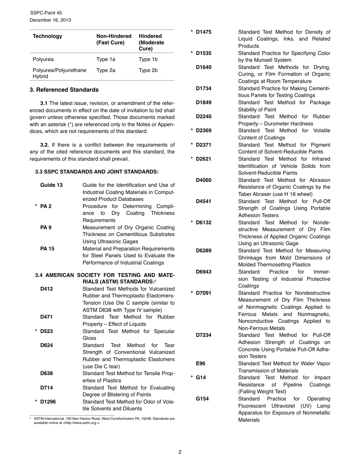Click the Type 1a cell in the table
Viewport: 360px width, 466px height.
[106, 59]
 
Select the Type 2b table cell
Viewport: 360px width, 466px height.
[148, 70]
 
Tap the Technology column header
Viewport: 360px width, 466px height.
[47, 36]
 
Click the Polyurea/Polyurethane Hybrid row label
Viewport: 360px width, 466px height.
[59, 73]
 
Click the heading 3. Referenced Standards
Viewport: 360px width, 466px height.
[64, 90]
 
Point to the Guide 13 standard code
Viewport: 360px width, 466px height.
[52, 185]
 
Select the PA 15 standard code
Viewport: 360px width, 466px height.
[47, 249]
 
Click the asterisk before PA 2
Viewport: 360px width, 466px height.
[36, 206]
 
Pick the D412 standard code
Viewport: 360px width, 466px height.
[47, 289]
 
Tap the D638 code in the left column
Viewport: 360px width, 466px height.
[47, 374]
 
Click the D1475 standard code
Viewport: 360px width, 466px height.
[203, 32]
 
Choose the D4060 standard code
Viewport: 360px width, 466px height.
[203, 180]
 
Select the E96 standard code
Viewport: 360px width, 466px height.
[200, 364]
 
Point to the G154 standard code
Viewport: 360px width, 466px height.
[202, 399]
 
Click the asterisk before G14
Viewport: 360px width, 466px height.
[192, 378]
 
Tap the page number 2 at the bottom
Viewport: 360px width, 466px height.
[180, 452]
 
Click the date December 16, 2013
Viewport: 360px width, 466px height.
[50, 20]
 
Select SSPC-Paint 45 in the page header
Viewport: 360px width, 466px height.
[46, 13]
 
